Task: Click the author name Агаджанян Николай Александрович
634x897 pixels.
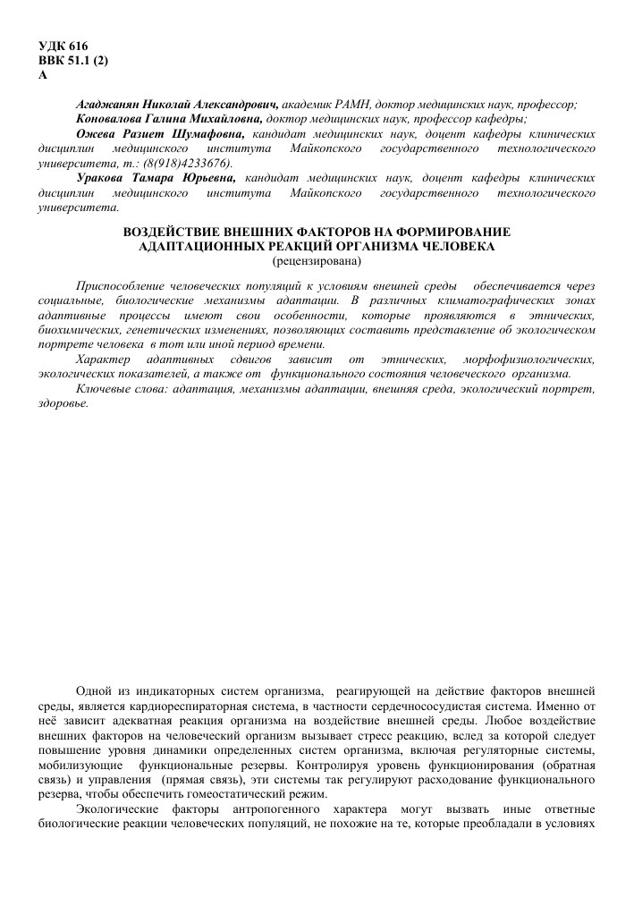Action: (x=178, y=105)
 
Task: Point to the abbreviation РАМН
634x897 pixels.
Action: (x=355, y=105)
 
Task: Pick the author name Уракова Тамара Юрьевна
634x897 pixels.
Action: (x=157, y=177)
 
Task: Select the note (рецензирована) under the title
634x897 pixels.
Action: (x=317, y=260)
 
